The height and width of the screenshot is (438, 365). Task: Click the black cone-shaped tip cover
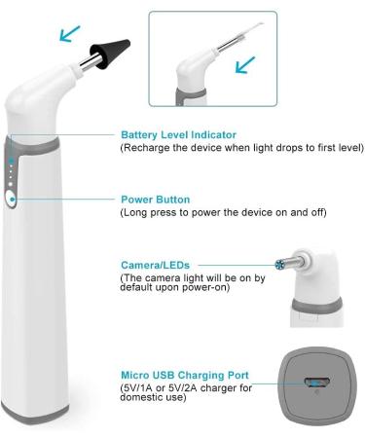110,52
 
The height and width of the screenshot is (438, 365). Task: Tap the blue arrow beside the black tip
69,34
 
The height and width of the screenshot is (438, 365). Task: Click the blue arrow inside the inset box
245,64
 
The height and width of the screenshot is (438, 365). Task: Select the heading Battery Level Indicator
178,134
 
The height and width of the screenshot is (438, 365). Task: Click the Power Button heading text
156,200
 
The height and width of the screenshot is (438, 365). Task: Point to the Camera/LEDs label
155,265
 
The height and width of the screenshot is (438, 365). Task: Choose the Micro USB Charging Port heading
185,375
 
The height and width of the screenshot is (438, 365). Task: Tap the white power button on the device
11,199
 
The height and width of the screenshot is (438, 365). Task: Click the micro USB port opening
317,383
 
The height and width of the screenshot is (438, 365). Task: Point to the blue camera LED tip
279,265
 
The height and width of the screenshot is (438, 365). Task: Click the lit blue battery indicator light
11,161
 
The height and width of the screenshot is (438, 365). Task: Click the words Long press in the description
147,213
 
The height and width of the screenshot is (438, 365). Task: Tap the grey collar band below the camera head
316,306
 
